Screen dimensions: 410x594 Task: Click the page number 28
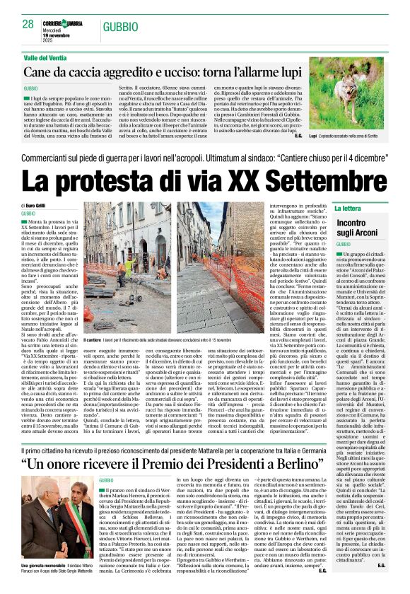(28, 24)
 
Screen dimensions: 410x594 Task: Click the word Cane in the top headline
(39, 71)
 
